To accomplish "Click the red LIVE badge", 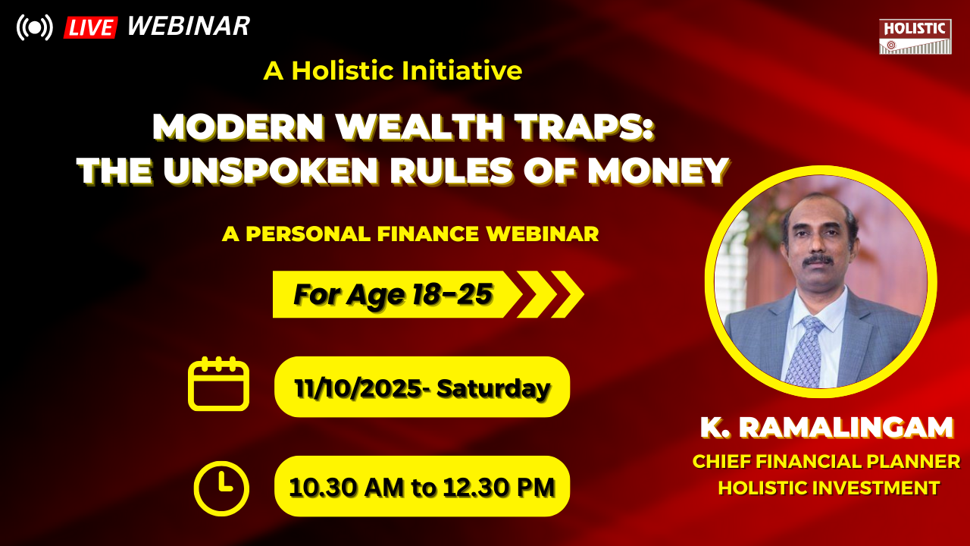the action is pyautogui.click(x=90, y=28).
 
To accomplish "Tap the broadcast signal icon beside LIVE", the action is pyautogui.click(x=35, y=27).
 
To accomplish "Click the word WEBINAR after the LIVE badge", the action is pyautogui.click(x=189, y=26).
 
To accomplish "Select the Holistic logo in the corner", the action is pyautogui.click(x=915, y=36).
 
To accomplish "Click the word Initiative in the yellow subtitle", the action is pyautogui.click(x=462, y=71).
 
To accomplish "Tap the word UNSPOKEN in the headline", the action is pyautogui.click(x=271, y=171).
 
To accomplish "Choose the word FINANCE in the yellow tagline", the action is pyautogui.click(x=428, y=234).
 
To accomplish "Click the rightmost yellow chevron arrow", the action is pyautogui.click(x=568, y=294).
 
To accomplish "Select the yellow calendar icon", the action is pyautogui.click(x=219, y=384).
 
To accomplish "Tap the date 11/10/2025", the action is pyautogui.click(x=358, y=388).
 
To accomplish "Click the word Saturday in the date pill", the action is pyautogui.click(x=493, y=388).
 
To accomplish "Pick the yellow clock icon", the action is pyautogui.click(x=221, y=488).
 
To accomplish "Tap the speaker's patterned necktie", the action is pyautogui.click(x=806, y=350).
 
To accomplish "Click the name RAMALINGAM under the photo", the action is pyautogui.click(x=846, y=428).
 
